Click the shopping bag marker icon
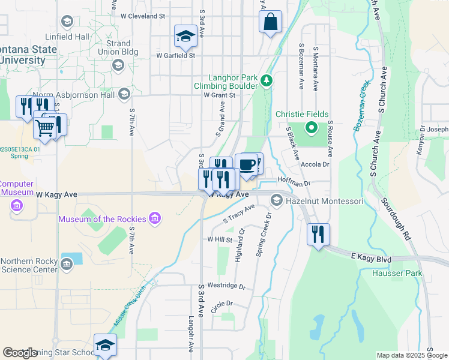pyautogui.click(x=271, y=22)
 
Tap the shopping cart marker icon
pyautogui.click(x=45, y=127)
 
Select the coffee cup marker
pyautogui.click(x=246, y=165)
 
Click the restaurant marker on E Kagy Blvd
pyautogui.click(x=318, y=233)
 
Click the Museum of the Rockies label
pyautogui.click(x=103, y=219)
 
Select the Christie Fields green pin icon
pyautogui.click(x=311, y=127)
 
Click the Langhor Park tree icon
pyautogui.click(x=267, y=79)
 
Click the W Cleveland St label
pyautogui.click(x=143, y=16)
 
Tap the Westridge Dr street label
pyautogui.click(x=226, y=287)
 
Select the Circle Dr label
pyautogui.click(x=221, y=304)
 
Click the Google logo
pyautogui.click(x=20, y=352)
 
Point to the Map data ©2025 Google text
pyautogui.click(x=412, y=355)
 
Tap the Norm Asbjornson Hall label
pyautogui.click(x=73, y=95)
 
